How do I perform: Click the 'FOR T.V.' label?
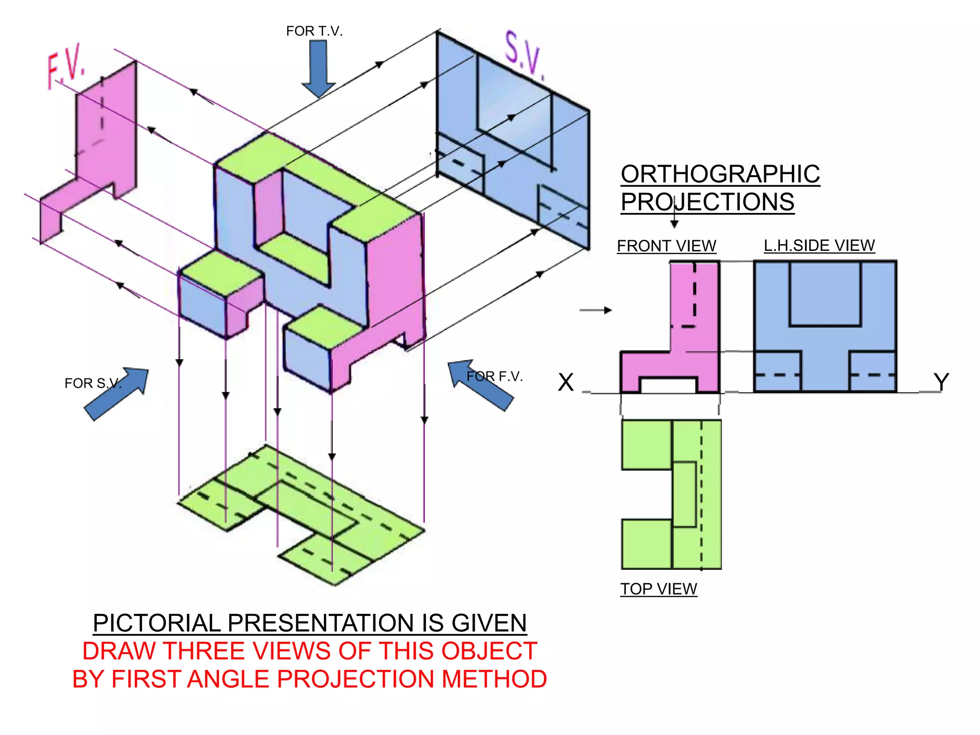314,31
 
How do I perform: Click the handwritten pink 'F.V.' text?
66,67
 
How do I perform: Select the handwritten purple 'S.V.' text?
524,56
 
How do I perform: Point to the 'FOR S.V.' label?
93,383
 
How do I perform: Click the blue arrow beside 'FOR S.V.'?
116,394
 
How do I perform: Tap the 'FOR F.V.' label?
495,377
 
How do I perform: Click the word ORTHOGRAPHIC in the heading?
720,174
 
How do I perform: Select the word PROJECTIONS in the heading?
707,202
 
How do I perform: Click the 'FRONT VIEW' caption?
666,246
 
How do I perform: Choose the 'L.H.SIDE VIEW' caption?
819,245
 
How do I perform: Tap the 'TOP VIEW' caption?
658,589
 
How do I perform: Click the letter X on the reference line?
566,382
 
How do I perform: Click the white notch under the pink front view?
668,386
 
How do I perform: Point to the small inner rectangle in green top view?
684,494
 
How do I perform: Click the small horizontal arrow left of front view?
595,310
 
